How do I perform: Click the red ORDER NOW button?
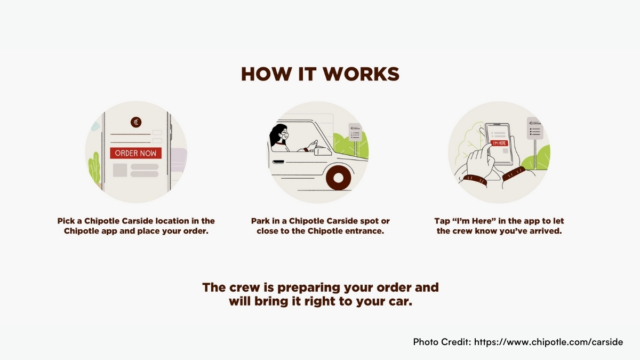(135, 153)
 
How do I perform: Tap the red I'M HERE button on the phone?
(499, 143)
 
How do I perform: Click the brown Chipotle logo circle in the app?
(136, 122)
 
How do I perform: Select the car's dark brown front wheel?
(339, 178)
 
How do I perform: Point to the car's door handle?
(278, 162)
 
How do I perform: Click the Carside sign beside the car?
(355, 132)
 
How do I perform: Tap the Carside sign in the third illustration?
(535, 129)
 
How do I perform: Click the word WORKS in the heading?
(361, 74)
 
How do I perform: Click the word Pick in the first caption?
(66, 221)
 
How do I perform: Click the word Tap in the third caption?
(442, 221)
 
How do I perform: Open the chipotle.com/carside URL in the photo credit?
(549, 342)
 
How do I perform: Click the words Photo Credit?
(442, 342)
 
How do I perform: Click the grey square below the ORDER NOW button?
(120, 170)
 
